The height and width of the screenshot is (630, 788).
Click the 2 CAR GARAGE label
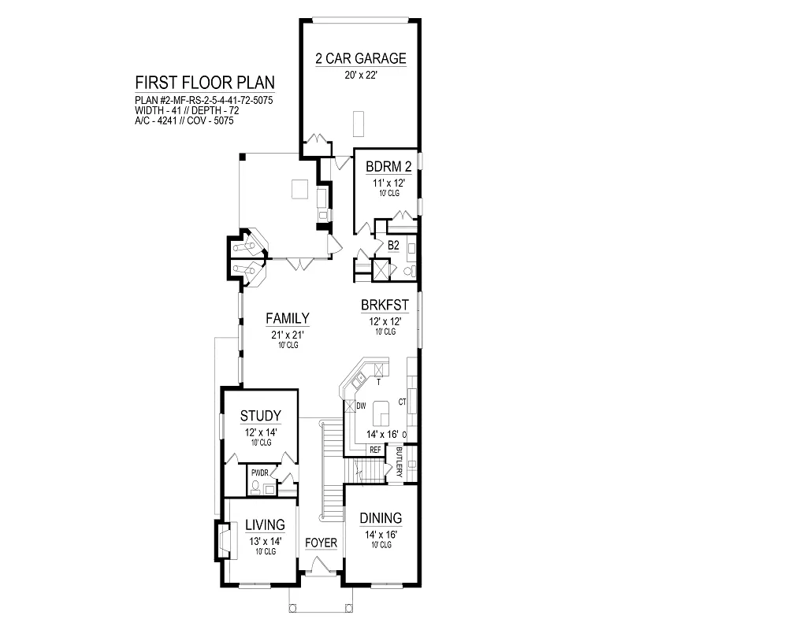(361, 58)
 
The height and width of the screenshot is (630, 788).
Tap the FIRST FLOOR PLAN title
(205, 83)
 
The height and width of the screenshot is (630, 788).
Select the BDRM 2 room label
(388, 166)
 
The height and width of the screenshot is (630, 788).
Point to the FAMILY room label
(288, 318)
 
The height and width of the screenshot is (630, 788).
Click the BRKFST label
(385, 305)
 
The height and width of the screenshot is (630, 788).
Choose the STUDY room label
(260, 416)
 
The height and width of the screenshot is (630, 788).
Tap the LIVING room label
(265, 525)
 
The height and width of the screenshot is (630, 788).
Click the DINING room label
(381, 518)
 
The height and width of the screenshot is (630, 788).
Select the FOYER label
(322, 543)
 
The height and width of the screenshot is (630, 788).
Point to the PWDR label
(260, 472)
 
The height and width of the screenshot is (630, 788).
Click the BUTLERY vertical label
(400, 462)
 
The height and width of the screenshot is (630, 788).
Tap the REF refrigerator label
(375, 450)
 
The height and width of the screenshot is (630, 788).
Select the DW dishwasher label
(361, 406)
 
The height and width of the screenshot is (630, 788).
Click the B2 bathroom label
(393, 246)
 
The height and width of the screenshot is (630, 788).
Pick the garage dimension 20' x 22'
(361, 76)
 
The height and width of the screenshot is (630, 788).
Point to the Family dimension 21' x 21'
(288, 335)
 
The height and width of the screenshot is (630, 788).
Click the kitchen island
(381, 413)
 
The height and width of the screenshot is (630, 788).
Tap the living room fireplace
(225, 540)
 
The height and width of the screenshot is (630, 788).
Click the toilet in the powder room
(255, 487)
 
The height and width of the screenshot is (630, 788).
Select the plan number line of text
(204, 101)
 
